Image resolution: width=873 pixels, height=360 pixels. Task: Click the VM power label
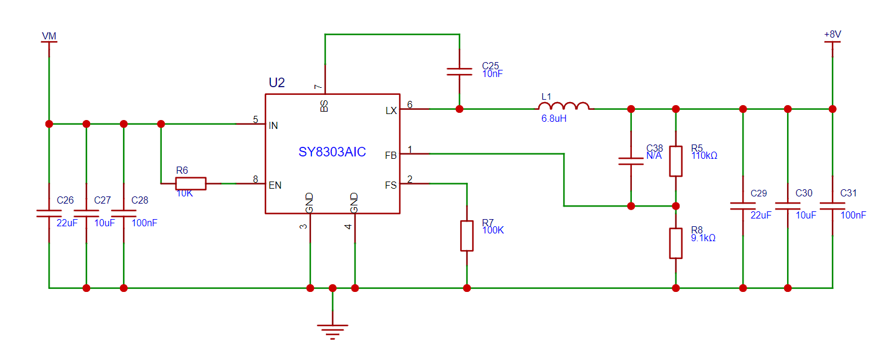coord(49,36)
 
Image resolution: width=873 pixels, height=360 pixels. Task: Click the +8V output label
coord(832,34)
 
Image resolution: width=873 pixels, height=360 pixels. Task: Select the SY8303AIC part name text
coord(332,152)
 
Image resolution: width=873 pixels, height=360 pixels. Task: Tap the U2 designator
coord(277,83)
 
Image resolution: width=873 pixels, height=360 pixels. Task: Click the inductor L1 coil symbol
coord(564,106)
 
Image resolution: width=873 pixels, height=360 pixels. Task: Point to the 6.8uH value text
coord(554,119)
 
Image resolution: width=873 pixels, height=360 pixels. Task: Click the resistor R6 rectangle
coord(190,184)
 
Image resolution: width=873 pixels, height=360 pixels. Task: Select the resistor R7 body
coord(467,236)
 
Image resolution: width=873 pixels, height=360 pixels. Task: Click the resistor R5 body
coord(676,161)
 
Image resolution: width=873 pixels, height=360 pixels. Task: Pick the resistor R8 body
coord(676,244)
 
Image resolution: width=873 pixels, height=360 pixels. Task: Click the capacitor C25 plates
coord(459,72)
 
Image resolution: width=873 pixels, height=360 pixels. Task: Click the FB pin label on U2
coord(391,156)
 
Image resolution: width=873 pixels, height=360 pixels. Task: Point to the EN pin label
coord(275,185)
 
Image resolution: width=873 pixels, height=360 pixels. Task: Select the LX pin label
coord(391,111)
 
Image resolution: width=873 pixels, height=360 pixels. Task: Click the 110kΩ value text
coord(705,156)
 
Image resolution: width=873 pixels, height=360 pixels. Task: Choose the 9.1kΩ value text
coord(704,238)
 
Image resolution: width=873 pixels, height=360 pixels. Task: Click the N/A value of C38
coord(654,156)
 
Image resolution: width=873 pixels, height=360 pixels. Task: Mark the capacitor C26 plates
coord(49,213)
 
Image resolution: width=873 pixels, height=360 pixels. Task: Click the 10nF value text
coord(493,73)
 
